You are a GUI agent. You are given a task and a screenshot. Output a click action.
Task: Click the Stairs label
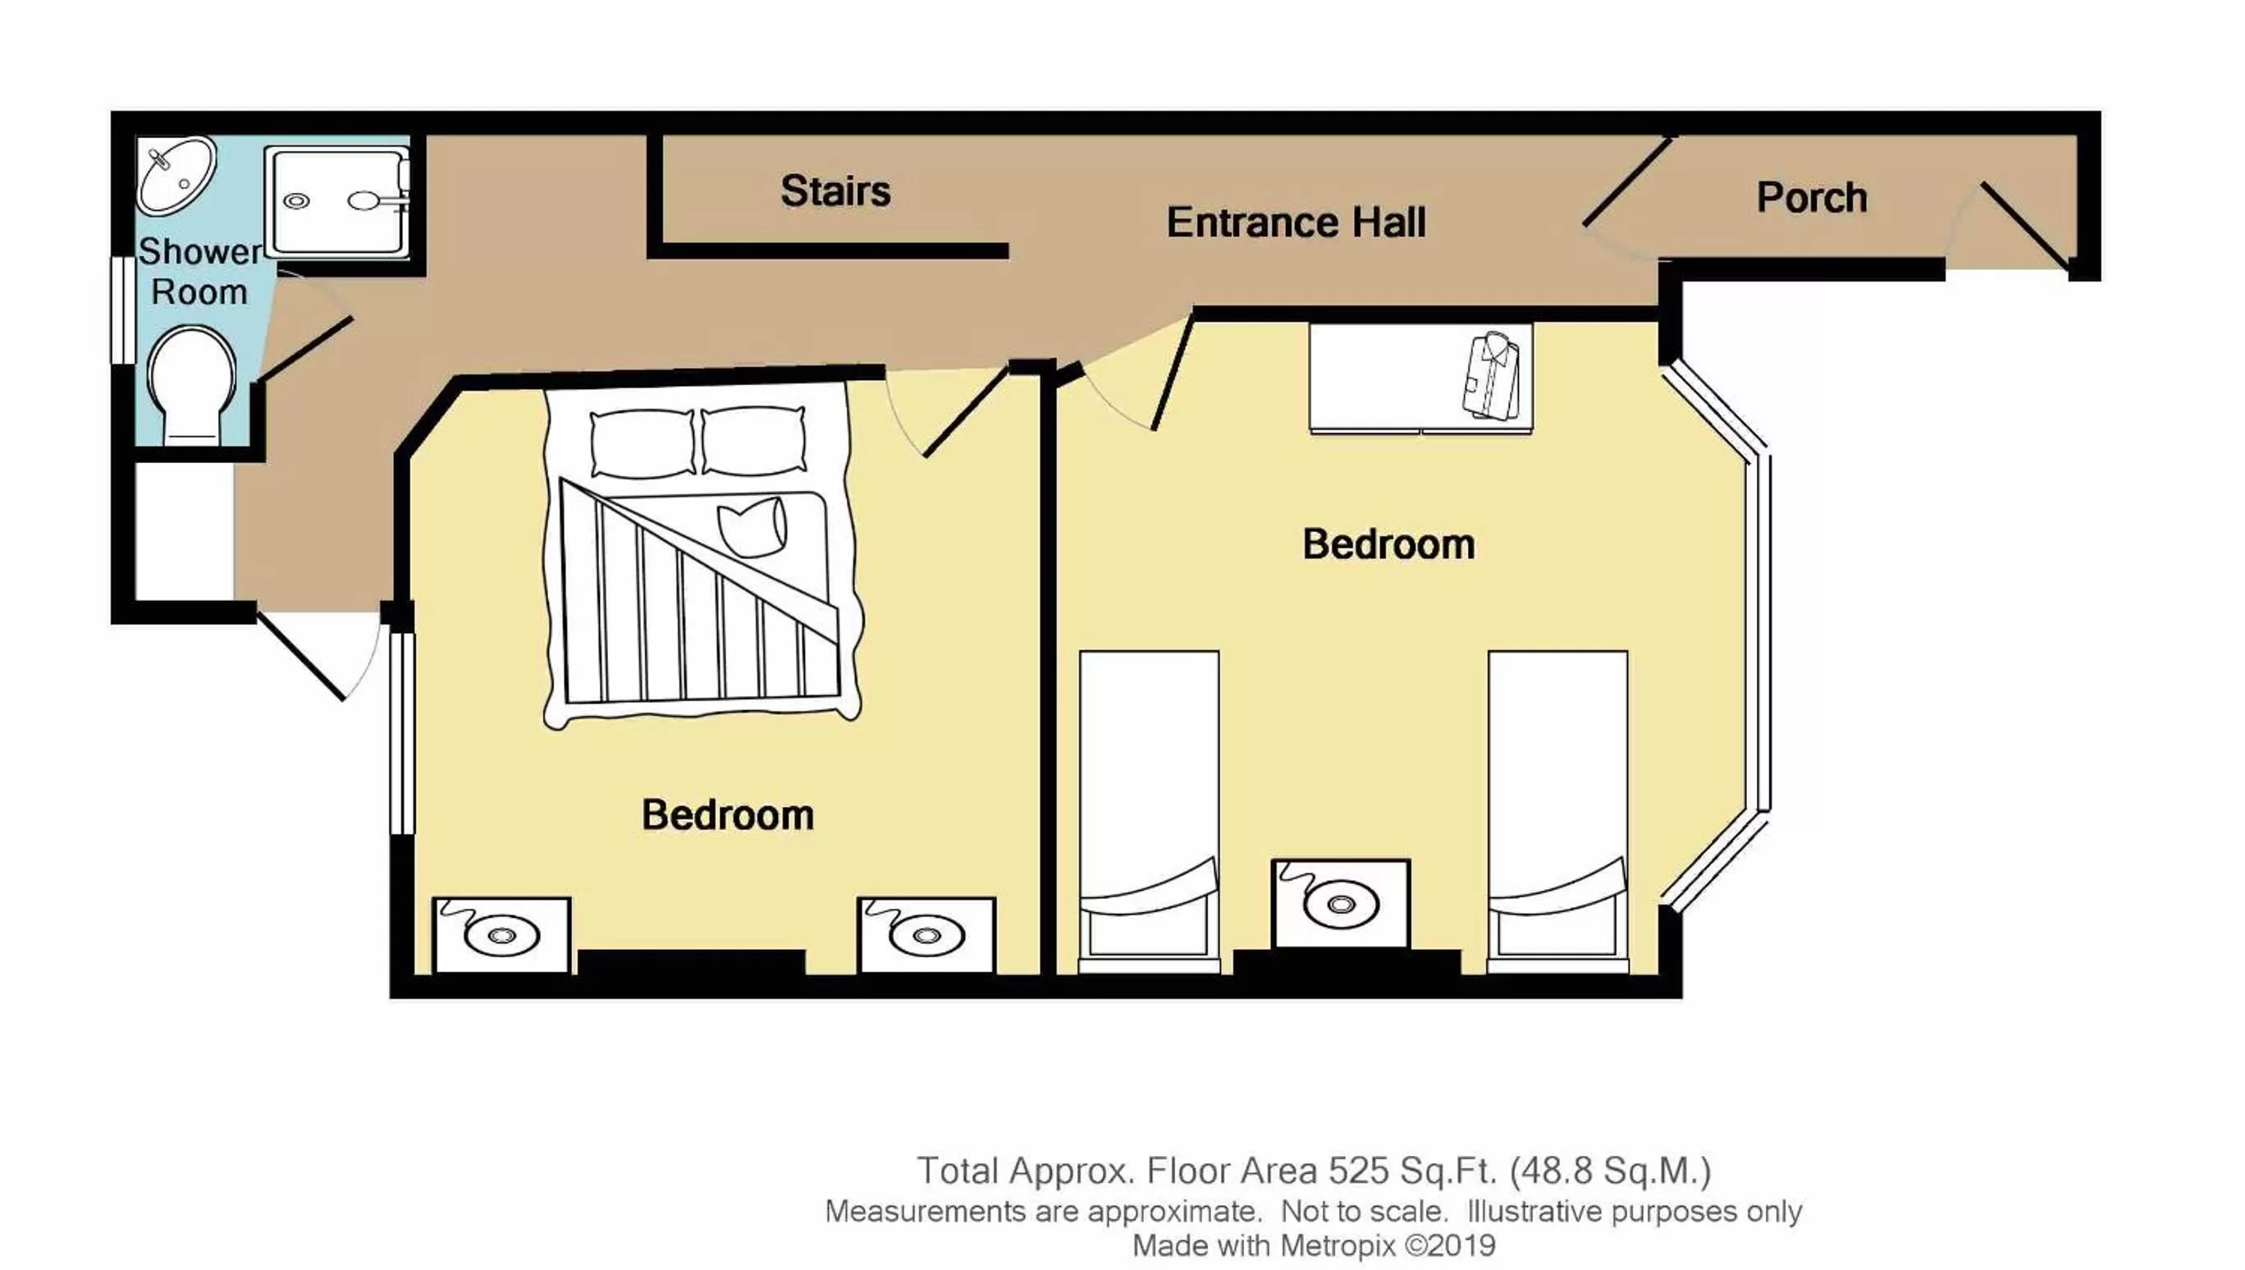pos(834,191)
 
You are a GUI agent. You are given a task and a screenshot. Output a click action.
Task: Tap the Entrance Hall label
pos(1296,222)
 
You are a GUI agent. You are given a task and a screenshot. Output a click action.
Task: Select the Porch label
pos(1811,198)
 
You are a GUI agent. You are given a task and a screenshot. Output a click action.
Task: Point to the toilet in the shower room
pos(192,384)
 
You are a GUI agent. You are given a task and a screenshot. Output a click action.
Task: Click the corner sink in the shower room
pos(176,174)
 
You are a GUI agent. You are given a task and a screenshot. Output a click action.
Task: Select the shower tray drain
pos(296,201)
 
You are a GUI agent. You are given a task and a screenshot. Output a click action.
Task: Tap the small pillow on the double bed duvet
pos(752,526)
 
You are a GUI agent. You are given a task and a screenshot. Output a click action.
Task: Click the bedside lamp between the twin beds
pos(1340,905)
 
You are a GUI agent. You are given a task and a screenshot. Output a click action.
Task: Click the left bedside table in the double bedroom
pos(501,935)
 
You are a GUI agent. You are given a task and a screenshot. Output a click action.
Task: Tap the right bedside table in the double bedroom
pos(926,935)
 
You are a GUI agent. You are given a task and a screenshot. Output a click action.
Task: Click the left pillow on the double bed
pos(642,443)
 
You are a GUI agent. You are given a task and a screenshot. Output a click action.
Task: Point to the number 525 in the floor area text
pos(1358,1171)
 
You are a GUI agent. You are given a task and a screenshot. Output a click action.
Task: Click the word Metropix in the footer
pos(1337,1245)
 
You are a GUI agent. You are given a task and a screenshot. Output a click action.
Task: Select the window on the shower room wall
pos(123,309)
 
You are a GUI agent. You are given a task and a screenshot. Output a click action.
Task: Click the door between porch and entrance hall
pos(1627,183)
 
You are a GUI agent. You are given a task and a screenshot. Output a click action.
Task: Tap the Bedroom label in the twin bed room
pos(1388,544)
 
